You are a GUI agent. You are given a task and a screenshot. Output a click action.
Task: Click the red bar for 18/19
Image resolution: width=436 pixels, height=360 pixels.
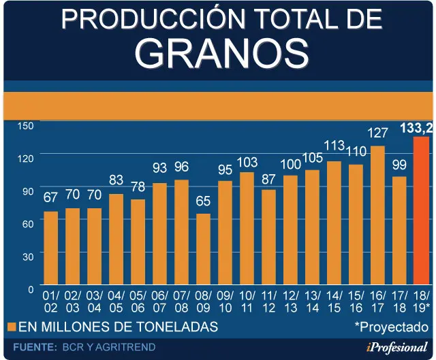click(x=421, y=210)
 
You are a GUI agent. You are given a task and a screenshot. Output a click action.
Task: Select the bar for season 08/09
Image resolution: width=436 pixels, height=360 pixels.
click(x=203, y=249)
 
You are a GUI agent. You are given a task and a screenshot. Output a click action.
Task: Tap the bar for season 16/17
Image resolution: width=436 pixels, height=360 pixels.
click(x=377, y=215)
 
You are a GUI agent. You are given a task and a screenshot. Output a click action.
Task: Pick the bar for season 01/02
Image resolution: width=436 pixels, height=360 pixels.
click(x=51, y=248)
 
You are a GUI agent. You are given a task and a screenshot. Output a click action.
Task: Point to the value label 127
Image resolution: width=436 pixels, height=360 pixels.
click(x=377, y=133)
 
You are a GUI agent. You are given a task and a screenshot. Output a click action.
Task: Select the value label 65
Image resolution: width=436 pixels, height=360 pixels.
click(x=203, y=201)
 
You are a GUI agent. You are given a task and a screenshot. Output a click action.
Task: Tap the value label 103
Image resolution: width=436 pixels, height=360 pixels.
click(x=247, y=162)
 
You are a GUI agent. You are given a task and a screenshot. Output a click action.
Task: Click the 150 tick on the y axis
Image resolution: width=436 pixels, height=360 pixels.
click(x=26, y=126)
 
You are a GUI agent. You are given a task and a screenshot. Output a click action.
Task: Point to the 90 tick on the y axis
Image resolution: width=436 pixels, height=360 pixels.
click(x=28, y=191)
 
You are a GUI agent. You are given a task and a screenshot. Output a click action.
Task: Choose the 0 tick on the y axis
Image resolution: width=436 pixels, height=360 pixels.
click(x=31, y=289)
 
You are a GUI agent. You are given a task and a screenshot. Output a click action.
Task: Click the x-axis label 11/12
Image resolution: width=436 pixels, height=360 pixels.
click(x=269, y=302)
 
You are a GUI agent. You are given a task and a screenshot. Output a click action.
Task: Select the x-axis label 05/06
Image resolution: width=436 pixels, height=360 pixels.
click(x=138, y=302)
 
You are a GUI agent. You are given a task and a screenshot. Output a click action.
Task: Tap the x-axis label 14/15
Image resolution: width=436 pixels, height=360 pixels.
click(x=334, y=302)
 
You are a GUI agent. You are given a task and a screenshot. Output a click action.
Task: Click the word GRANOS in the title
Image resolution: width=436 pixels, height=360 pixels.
click(x=221, y=54)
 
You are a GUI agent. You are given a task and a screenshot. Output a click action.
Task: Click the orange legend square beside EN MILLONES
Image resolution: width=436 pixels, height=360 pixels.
click(x=12, y=327)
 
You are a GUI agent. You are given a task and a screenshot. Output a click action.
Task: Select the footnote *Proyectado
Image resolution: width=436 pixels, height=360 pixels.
click(x=392, y=327)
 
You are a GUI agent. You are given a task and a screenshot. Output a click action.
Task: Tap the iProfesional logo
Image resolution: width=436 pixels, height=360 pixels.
click(x=397, y=347)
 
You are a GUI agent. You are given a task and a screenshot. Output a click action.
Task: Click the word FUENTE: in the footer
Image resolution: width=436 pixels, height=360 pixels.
click(x=35, y=347)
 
